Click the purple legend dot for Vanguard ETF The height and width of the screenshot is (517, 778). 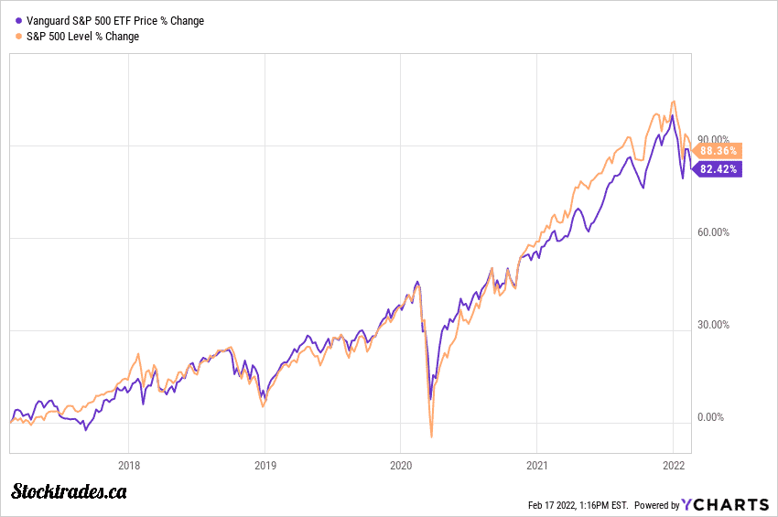(x=18, y=21)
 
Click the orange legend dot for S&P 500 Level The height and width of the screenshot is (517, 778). (x=18, y=37)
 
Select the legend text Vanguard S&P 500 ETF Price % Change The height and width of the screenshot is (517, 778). (x=115, y=21)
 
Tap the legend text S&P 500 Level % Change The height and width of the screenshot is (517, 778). (x=83, y=37)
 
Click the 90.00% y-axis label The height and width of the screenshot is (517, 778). (x=714, y=140)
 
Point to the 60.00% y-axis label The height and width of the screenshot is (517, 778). (x=714, y=232)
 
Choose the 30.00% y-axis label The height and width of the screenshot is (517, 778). (x=714, y=325)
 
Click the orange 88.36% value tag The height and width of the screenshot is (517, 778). (x=718, y=150)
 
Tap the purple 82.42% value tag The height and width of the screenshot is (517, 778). (x=718, y=169)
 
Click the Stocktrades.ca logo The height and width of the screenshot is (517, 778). (x=69, y=492)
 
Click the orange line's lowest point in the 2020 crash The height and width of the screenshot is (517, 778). (x=431, y=437)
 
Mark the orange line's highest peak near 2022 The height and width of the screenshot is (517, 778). (x=674, y=102)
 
